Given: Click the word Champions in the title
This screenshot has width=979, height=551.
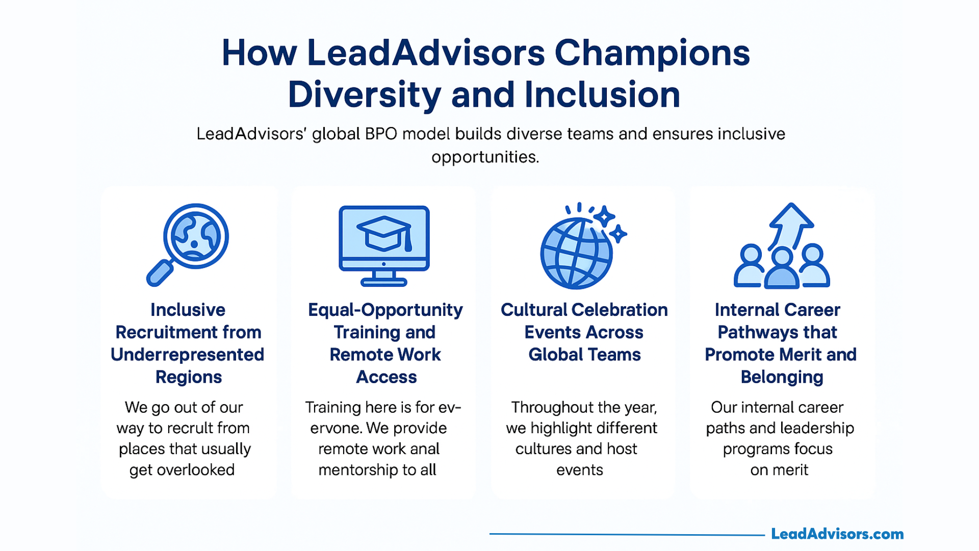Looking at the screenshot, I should tap(652, 54).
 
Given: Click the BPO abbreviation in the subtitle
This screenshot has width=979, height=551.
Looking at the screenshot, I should tap(380, 134).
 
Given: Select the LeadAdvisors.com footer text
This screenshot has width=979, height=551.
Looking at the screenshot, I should tap(837, 534).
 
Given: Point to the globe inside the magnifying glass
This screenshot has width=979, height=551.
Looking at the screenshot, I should tap(196, 236).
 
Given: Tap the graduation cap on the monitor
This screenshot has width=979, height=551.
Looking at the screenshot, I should tap(384, 233).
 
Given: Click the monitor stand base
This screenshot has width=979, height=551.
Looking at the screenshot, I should tap(384, 282).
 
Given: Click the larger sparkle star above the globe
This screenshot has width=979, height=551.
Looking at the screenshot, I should tap(605, 217).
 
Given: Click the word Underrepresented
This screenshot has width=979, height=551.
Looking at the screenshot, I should tap(188, 355).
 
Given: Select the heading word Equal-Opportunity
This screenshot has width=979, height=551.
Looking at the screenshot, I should tap(385, 310).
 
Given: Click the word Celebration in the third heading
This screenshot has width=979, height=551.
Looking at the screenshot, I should tap(620, 310).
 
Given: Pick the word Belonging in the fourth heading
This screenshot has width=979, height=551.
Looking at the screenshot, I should tap(782, 378).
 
